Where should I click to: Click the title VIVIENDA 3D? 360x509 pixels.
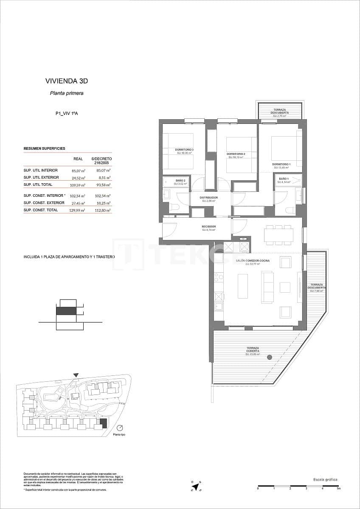(67, 81)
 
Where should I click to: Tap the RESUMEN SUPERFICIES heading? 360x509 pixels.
(44, 149)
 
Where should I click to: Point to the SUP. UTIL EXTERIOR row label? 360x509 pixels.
(41, 177)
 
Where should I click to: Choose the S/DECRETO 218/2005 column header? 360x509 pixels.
(101, 161)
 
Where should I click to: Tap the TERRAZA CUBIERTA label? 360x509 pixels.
(253, 350)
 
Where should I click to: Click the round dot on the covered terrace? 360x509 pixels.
(269, 358)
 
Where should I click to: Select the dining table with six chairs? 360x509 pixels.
(278, 235)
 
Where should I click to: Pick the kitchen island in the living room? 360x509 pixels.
(242, 286)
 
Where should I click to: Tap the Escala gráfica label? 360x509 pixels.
(325, 479)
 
